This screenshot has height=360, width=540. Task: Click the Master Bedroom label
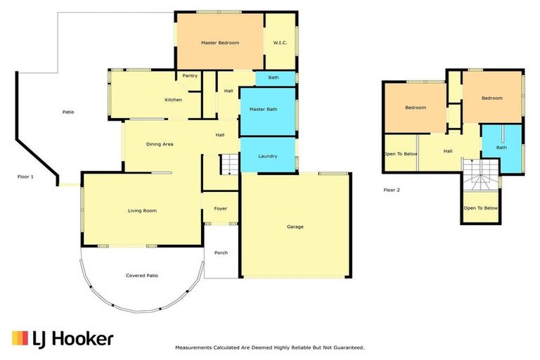tap(220, 43)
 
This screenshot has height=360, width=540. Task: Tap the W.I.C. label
tap(281, 43)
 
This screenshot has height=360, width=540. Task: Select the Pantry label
tap(190, 75)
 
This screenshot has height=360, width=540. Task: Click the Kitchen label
tap(174, 100)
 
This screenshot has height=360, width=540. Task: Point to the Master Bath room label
tap(267, 109)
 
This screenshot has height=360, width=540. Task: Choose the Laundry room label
tap(268, 156)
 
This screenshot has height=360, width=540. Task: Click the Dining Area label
tap(160, 144)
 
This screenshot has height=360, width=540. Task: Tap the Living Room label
tap(142, 210)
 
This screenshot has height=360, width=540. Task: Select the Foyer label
tap(221, 209)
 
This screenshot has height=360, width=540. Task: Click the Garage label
tap(295, 226)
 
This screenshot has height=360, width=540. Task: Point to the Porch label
tap(221, 252)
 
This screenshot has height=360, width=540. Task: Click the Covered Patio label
tap(142, 275)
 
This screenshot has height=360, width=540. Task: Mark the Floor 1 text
tap(26, 177)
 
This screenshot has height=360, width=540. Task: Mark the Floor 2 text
tap(392, 190)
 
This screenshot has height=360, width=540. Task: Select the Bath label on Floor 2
tap(501, 148)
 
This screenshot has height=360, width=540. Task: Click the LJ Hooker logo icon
tap(20, 338)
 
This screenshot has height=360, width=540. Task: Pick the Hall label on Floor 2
tap(448, 150)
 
